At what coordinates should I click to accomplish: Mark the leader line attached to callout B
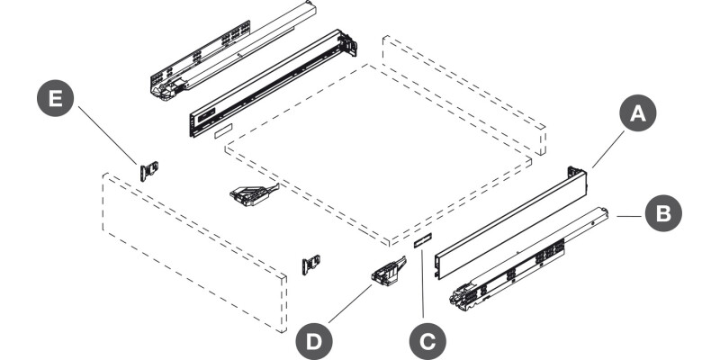tap(630, 216)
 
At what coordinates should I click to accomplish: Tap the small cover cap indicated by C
tap(423, 240)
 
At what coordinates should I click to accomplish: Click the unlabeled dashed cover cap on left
tap(222, 129)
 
